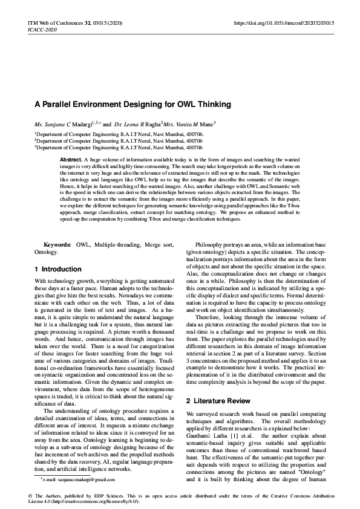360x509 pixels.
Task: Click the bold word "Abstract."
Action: [x=71, y=159]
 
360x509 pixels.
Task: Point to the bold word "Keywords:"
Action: [x=57, y=244]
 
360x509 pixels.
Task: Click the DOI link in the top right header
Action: [x=284, y=22]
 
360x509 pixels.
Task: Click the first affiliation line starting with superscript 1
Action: [x=119, y=134]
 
